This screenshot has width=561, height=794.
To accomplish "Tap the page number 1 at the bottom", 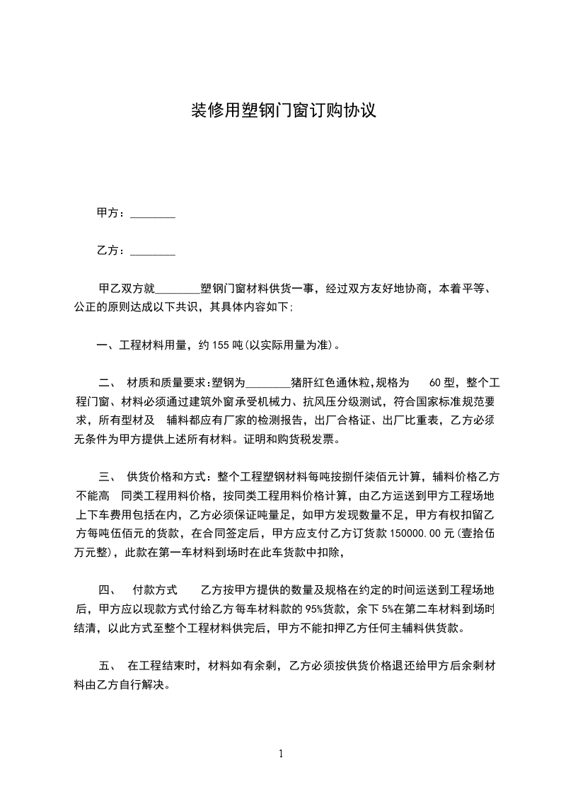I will pos(281,754).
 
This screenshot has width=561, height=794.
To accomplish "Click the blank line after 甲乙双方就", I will pos(178,289).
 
